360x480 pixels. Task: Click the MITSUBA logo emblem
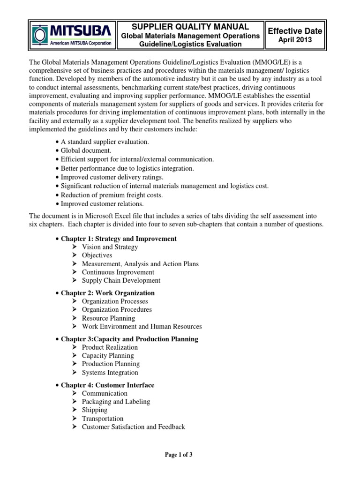(x=41, y=35)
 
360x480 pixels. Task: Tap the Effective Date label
(x=294, y=31)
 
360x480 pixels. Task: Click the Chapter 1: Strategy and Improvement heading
(x=119, y=239)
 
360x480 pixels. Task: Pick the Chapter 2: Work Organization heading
(x=108, y=293)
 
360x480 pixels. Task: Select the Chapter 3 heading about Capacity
(x=129, y=339)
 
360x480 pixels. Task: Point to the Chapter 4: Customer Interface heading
(x=107, y=385)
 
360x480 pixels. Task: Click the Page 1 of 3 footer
(x=180, y=455)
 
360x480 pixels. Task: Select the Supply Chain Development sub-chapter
(x=121, y=280)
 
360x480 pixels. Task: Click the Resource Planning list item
(x=108, y=318)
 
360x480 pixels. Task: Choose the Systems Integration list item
(x=110, y=373)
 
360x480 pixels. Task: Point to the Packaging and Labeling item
(x=116, y=402)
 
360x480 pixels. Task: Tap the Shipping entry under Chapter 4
(x=94, y=410)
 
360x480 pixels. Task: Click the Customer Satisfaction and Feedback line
(x=133, y=427)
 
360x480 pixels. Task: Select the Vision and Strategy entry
(x=110, y=247)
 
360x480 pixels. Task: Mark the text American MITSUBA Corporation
(x=81, y=43)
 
